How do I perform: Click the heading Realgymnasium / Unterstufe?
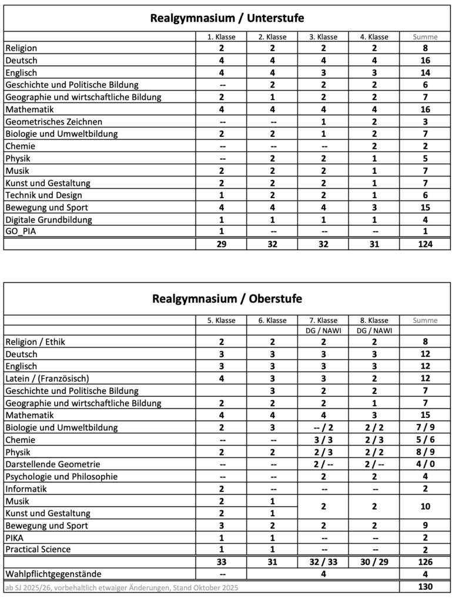(227, 18)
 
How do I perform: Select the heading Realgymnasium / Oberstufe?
(227, 299)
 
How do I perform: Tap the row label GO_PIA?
(20, 232)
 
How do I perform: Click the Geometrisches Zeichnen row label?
(53, 122)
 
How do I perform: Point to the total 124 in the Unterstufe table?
(426, 244)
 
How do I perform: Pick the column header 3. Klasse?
(323, 36)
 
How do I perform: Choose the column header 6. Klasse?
(273, 320)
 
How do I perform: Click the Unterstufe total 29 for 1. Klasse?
(222, 244)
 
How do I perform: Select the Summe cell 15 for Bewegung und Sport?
(426, 208)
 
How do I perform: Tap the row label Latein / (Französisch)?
(47, 378)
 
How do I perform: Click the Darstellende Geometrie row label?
(53, 464)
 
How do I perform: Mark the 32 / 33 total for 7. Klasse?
(323, 562)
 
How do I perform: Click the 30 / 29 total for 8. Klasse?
(374, 562)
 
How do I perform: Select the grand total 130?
(426, 587)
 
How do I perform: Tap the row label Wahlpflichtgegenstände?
(53, 574)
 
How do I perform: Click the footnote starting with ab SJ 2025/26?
(122, 587)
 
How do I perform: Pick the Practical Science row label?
(38, 549)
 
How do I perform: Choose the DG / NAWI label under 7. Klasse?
(323, 330)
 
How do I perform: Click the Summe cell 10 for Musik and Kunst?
(426, 506)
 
